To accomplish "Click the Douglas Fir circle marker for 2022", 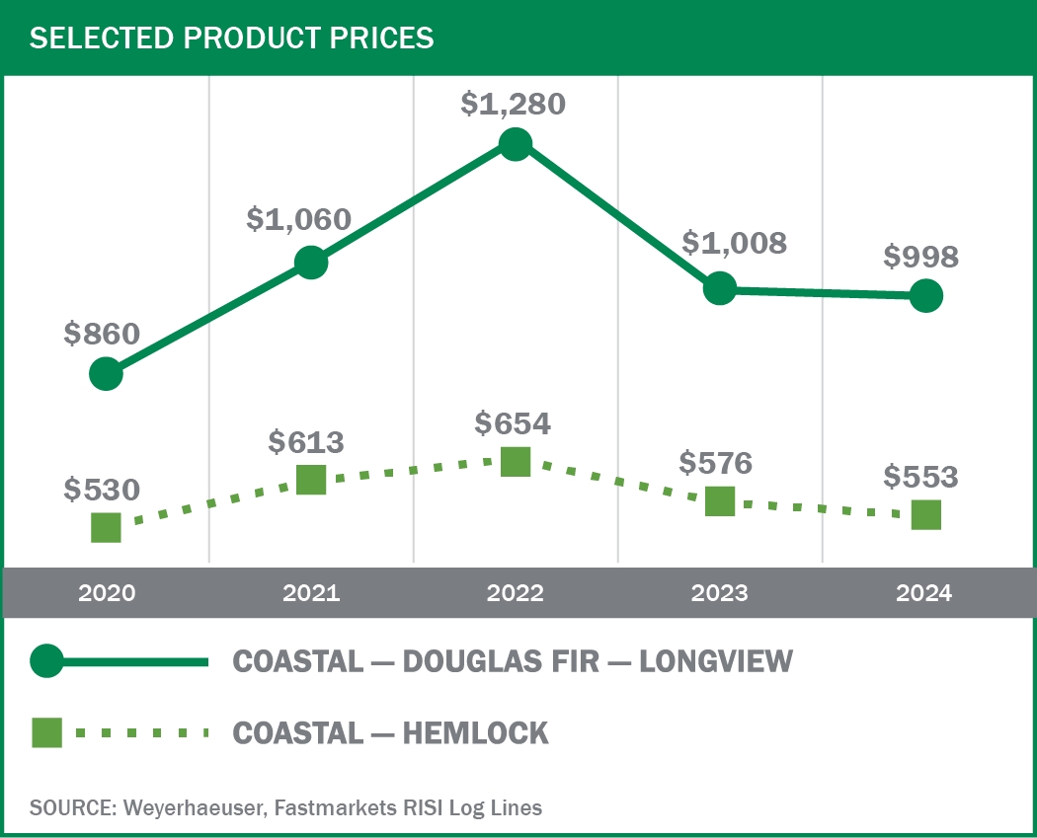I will point(515,145).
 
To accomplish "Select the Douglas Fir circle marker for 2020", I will point(106,374).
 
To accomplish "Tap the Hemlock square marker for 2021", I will point(310,480).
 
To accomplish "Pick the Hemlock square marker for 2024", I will point(925,514).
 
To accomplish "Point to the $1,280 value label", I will point(514,104).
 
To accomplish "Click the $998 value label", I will point(920,257).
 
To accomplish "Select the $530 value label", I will point(102,489).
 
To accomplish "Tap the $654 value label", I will point(513,422).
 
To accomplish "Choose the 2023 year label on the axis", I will point(720,593).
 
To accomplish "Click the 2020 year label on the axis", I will point(106,593).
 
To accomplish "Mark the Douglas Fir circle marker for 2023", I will point(720,288).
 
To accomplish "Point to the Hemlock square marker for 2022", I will point(515,461).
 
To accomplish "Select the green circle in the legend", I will point(46,661).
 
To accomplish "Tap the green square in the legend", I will point(46,733).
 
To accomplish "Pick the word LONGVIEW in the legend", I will point(716,661).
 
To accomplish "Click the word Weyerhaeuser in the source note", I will point(188,807).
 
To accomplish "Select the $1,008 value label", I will point(734,243).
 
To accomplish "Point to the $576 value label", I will point(716,462).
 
